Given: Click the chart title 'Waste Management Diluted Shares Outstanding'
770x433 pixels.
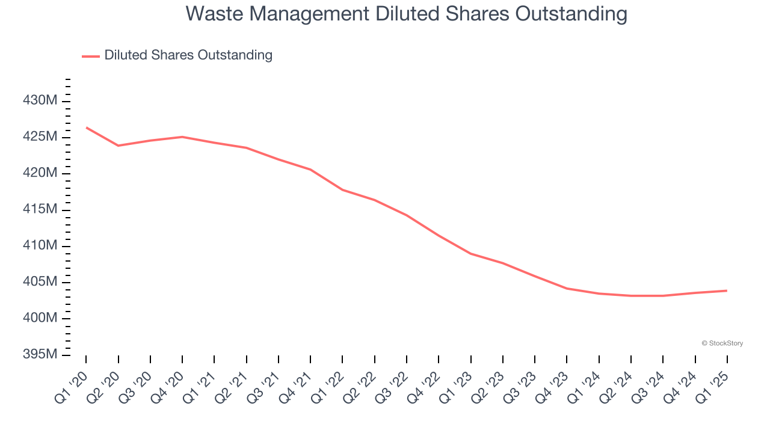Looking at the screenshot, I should pos(406,14).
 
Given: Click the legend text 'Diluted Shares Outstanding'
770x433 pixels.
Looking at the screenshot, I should pos(188,55).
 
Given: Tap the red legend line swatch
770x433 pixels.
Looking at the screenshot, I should pos(91,56).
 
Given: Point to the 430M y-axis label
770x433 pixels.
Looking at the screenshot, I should pos(40,100).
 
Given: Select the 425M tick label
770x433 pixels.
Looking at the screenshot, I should pos(40,137).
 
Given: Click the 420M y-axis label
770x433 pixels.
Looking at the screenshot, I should pos(40,173).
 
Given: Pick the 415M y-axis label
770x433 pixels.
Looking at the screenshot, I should pos(40,209).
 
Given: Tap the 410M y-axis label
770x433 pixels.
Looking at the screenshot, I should pos(40,246).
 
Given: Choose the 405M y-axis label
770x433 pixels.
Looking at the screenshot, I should pos(40,282).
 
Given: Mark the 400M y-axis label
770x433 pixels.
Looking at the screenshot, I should pos(40,318).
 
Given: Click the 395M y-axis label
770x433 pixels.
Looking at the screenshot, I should pos(40,355).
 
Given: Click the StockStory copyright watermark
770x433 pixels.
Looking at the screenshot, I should pos(722,343).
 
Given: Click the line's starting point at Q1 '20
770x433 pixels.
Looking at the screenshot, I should pos(86,127).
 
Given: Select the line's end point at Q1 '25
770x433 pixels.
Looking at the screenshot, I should pos(727,290).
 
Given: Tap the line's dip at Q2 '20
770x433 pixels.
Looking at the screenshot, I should pos(119,146).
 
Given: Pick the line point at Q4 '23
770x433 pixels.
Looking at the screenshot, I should pos(567,289).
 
